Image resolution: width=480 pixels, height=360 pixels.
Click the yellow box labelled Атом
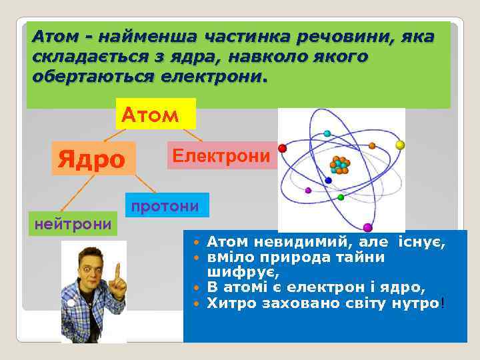(155, 114)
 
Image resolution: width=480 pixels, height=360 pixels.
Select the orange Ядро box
(93, 159)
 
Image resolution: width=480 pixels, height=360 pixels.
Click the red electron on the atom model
(282, 148)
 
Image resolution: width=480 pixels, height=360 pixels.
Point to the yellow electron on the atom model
(400, 144)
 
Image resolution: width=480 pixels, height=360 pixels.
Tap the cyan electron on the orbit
(327, 134)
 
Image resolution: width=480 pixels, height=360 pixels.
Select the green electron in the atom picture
(341, 197)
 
